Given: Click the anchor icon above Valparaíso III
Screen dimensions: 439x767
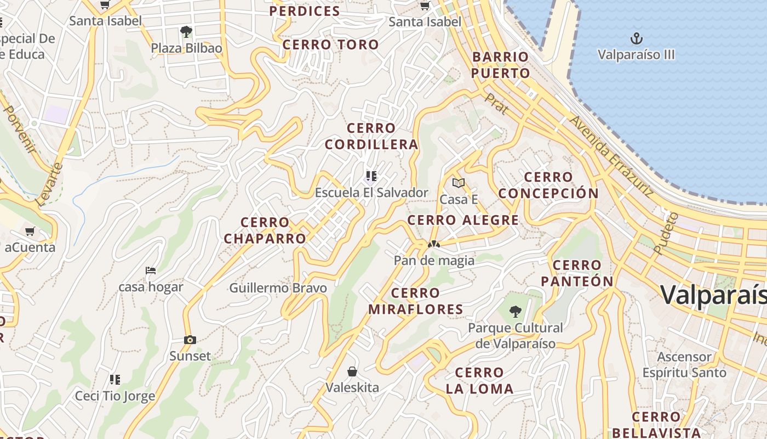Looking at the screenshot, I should click(x=636, y=38).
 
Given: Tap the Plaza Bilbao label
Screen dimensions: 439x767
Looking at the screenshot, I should click(x=187, y=48).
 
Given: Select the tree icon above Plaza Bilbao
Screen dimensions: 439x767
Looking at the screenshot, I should click(x=186, y=31).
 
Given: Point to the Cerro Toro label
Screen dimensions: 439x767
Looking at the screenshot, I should click(x=331, y=44).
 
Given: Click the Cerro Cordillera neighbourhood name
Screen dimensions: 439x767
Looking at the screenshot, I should click(x=371, y=136).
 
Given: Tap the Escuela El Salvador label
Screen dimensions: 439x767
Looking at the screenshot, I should click(x=371, y=193).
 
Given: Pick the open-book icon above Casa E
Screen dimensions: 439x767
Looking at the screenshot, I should click(x=459, y=183).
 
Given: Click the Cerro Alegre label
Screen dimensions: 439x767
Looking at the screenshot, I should click(x=463, y=220).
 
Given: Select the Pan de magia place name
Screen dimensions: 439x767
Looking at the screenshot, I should click(x=434, y=260).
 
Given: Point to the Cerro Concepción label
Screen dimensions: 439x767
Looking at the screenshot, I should click(x=548, y=185).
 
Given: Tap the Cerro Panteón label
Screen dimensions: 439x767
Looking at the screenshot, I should click(x=577, y=273).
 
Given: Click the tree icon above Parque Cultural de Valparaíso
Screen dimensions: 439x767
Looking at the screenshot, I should click(x=515, y=312).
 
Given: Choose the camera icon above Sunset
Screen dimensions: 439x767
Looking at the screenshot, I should click(x=190, y=340).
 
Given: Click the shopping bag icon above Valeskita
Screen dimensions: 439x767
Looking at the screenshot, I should click(x=352, y=372).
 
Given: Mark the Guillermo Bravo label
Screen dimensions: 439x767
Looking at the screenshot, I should click(x=278, y=288).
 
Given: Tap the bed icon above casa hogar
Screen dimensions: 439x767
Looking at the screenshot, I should click(x=151, y=271).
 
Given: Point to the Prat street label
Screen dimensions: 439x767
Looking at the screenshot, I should click(x=496, y=104).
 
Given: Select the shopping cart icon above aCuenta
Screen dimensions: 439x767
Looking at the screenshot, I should click(x=30, y=231).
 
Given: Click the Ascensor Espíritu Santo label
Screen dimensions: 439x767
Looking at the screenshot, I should click(x=684, y=365).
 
